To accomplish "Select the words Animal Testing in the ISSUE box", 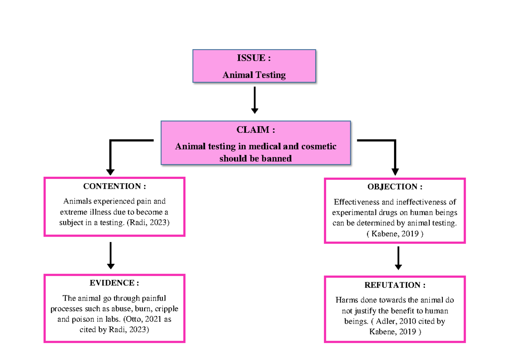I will (254, 75).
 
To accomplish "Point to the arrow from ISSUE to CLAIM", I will (254, 100).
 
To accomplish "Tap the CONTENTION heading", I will (115, 186).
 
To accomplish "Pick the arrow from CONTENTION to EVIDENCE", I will (110, 255).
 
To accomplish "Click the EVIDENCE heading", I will (114, 283).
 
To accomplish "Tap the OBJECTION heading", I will (395, 187).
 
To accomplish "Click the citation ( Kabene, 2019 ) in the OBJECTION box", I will (395, 234).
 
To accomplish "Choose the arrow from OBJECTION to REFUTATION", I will (398, 258).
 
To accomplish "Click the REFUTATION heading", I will (395, 285).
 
